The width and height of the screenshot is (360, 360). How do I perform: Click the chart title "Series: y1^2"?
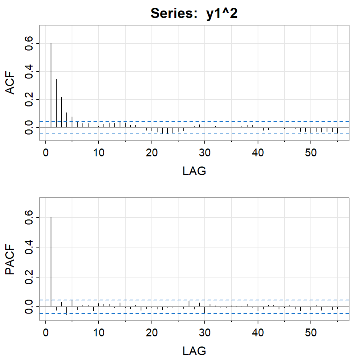pyautogui.click(x=194, y=13)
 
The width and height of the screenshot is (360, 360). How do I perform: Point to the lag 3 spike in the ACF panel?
pyautogui.click(x=61, y=112)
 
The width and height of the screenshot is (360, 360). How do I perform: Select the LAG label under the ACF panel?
pyautogui.click(x=194, y=171)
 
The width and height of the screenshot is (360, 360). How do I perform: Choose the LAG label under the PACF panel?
pyautogui.click(x=194, y=351)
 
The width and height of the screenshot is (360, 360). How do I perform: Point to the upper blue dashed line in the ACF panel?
pyautogui.click(x=225, y=121)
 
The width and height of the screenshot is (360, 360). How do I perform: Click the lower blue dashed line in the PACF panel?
pyautogui.click(x=225, y=313)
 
